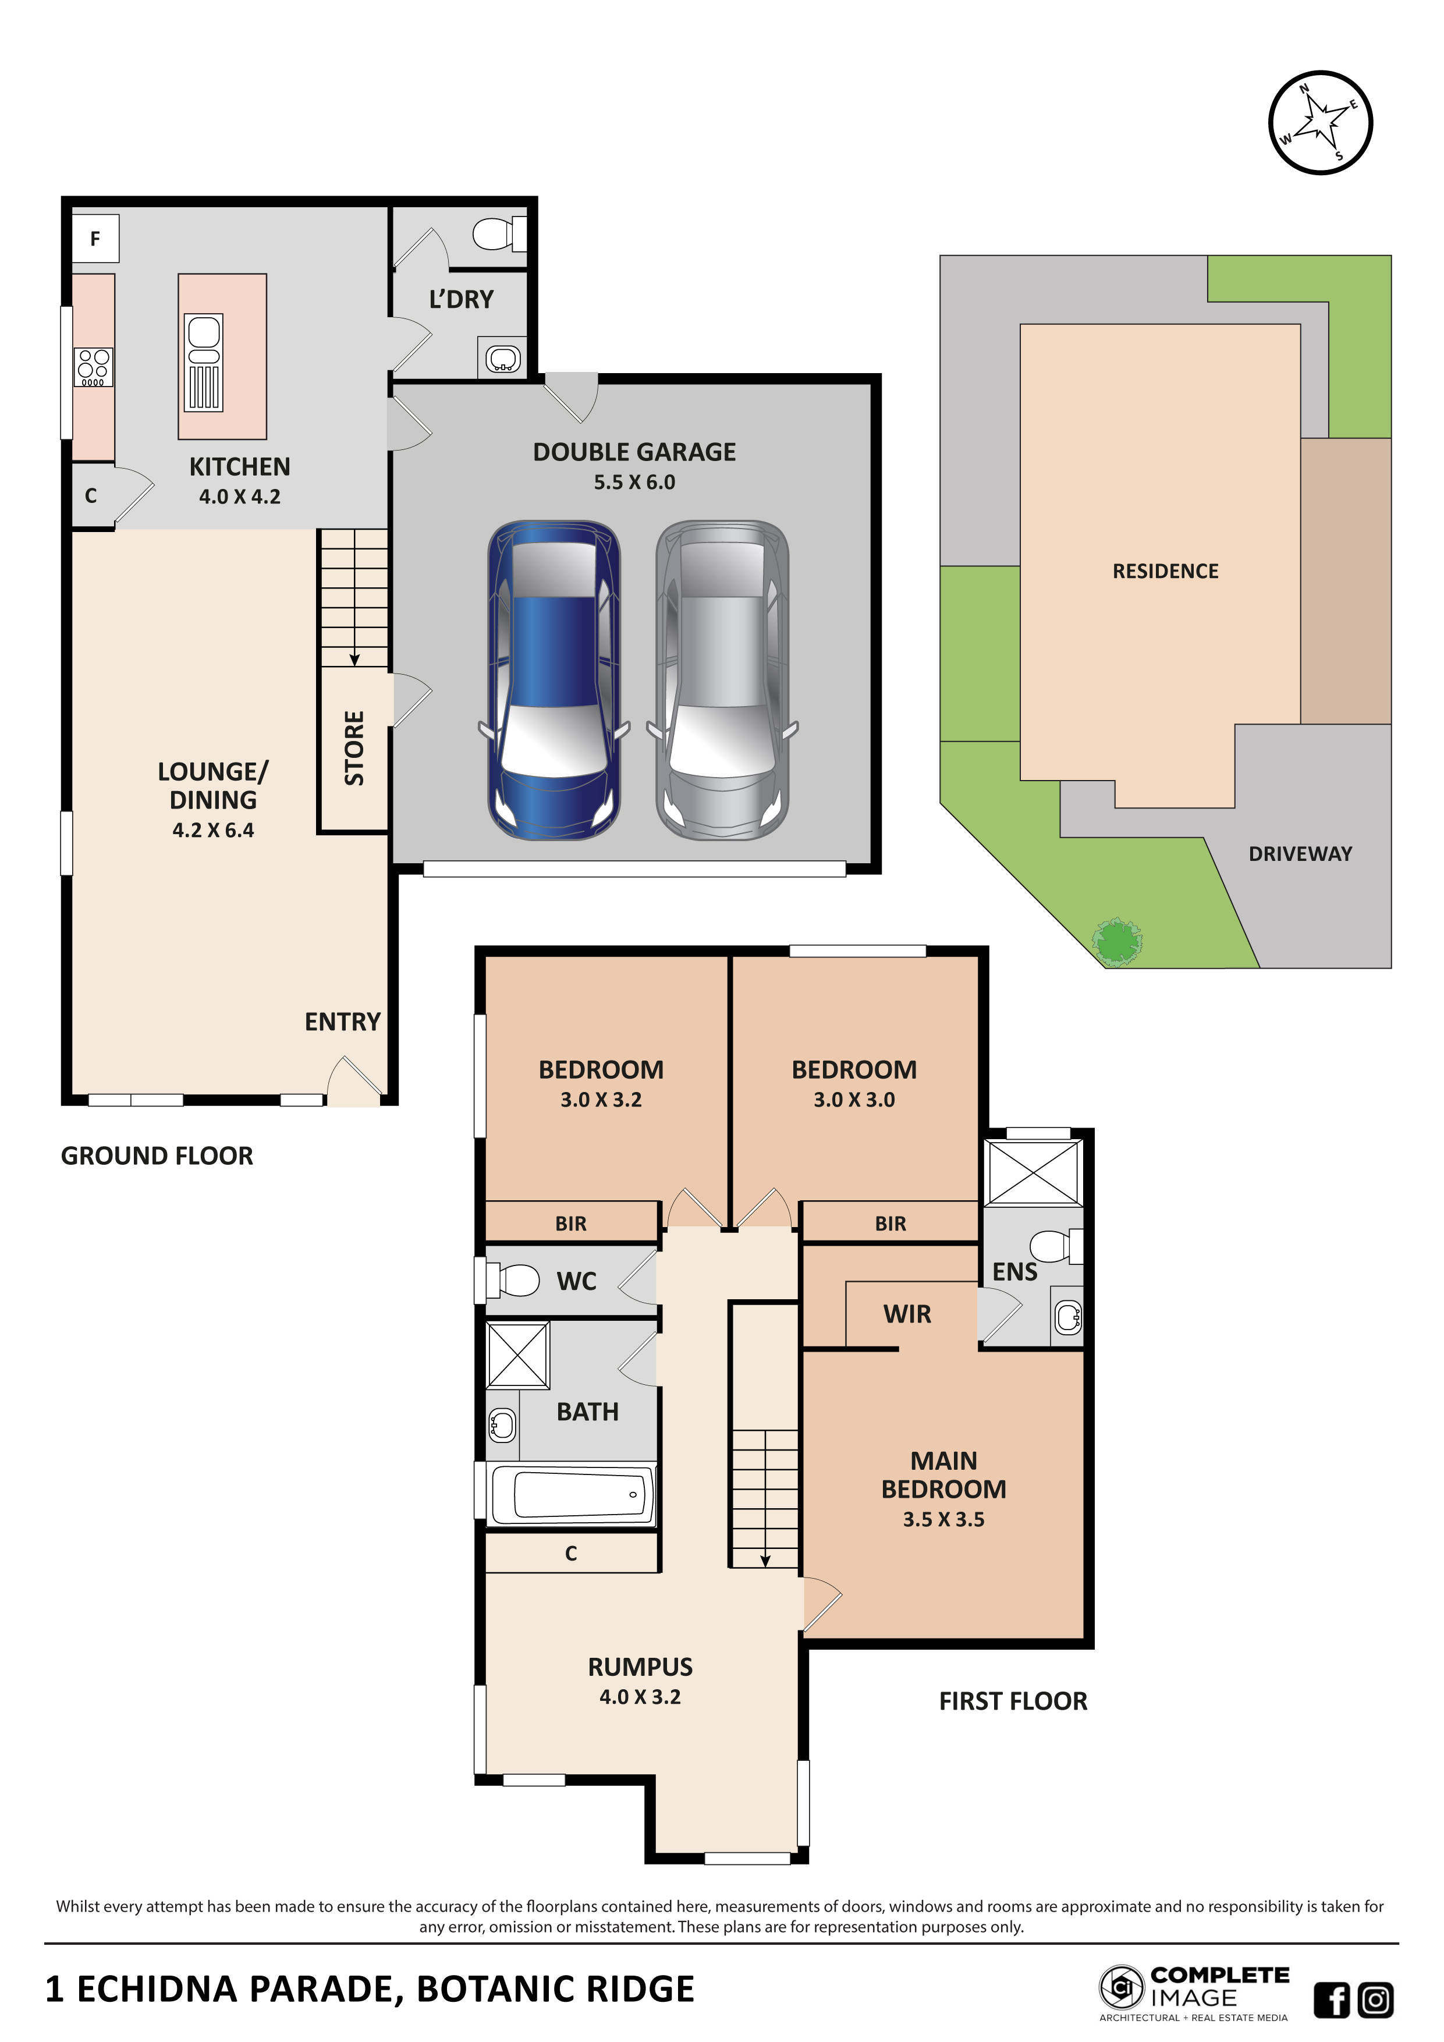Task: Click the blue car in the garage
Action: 554,680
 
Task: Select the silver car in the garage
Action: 722,680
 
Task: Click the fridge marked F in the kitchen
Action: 95,238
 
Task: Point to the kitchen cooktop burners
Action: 93,366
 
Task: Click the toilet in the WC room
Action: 513,1281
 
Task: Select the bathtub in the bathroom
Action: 573,1495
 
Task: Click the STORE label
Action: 354,748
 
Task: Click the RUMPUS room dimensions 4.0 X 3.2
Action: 640,1696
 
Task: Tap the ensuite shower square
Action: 1033,1172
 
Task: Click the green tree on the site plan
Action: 1117,942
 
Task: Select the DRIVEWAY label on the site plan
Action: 1300,854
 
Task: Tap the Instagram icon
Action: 1375,2000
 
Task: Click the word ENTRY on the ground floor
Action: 342,1022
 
